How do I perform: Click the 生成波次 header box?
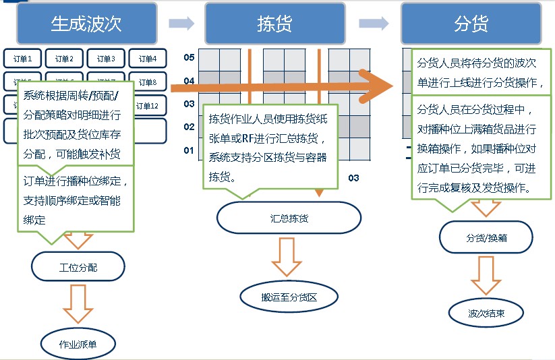86,24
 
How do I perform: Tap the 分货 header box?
471,24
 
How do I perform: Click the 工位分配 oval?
78,268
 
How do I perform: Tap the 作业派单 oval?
78,344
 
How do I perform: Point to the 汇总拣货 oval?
289,218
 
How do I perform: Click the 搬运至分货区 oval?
289,296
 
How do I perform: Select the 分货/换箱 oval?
486,237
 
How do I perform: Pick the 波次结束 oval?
486,313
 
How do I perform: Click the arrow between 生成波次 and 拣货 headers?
181,24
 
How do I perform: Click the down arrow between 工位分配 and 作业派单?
78,303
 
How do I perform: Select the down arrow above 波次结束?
486,275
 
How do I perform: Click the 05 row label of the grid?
189,58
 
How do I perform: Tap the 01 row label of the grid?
189,150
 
